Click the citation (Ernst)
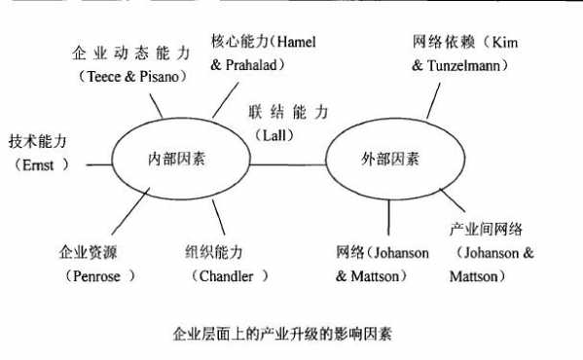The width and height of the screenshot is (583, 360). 40,164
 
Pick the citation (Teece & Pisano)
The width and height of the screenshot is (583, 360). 130,78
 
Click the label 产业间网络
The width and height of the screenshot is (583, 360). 486,230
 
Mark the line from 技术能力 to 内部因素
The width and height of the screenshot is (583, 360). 97,162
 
